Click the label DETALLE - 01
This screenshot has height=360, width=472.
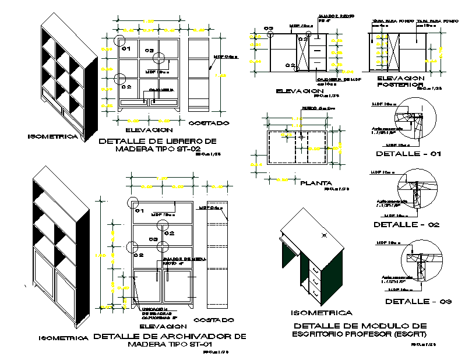point(408,154)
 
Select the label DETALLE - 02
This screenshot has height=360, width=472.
point(406,224)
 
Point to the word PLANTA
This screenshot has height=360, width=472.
point(316,182)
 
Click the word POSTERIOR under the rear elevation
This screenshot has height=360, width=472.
point(399,84)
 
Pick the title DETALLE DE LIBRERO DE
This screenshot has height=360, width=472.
point(158,141)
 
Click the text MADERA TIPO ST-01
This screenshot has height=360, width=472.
point(169,344)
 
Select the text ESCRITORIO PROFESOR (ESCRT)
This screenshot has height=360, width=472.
point(359,334)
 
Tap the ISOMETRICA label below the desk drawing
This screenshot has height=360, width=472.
point(325,313)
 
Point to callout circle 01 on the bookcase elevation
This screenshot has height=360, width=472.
point(120,41)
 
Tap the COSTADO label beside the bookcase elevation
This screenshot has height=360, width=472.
point(209,123)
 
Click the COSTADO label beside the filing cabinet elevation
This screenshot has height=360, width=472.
point(214,320)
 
